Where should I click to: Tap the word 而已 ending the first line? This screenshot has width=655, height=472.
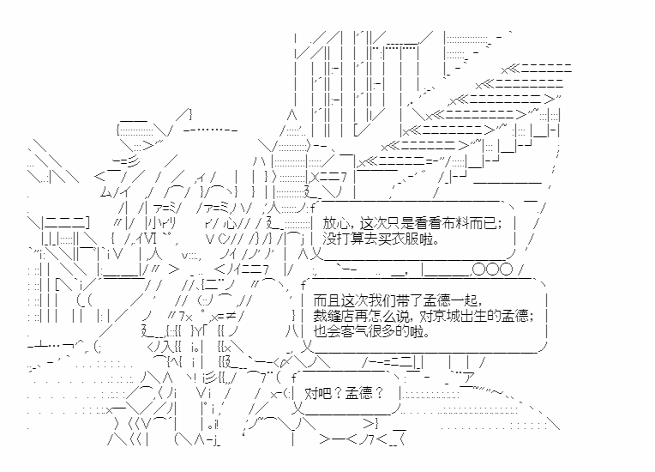click(x=482, y=225)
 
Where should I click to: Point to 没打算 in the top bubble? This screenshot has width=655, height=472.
click(x=345, y=239)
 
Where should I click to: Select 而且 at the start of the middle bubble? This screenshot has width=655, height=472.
click(x=327, y=301)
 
